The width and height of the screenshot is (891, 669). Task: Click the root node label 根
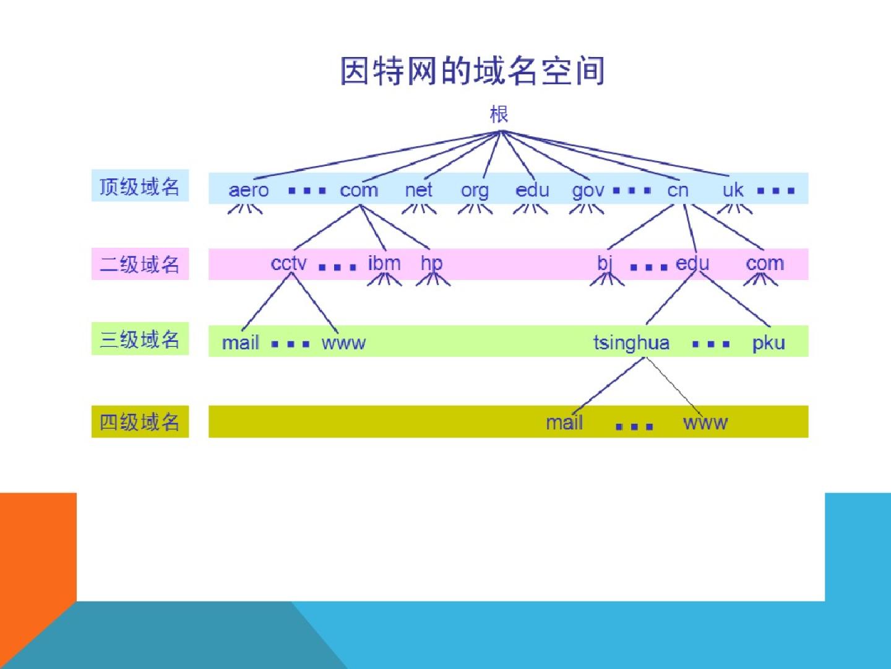tap(499, 114)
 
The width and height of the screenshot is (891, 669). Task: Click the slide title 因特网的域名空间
tap(472, 71)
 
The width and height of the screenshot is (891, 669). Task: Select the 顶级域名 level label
tap(140, 186)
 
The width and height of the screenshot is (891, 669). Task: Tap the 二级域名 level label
tap(140, 265)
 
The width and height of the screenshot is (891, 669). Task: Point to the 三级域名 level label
tap(140, 339)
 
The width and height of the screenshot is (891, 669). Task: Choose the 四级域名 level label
tap(140, 422)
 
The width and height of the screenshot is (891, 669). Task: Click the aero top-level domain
tap(249, 190)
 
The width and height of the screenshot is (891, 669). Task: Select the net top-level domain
tap(418, 190)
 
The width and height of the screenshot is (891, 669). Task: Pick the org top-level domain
tap(475, 191)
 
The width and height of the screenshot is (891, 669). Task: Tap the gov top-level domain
tap(588, 191)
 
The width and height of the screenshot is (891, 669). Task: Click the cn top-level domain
tap(678, 190)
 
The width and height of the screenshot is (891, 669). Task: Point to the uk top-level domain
tap(733, 190)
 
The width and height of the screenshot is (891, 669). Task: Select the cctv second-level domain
tap(288, 264)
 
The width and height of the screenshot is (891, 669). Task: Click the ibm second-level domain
tap(384, 263)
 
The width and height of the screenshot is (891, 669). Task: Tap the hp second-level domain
tap(431, 264)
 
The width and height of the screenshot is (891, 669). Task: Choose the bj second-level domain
tap(605, 264)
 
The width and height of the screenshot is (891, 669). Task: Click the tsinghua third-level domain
tap(631, 343)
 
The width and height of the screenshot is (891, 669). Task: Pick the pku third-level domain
tap(768, 343)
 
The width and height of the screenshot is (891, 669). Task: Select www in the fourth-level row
tap(705, 423)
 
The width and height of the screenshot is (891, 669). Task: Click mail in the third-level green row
tap(240, 343)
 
